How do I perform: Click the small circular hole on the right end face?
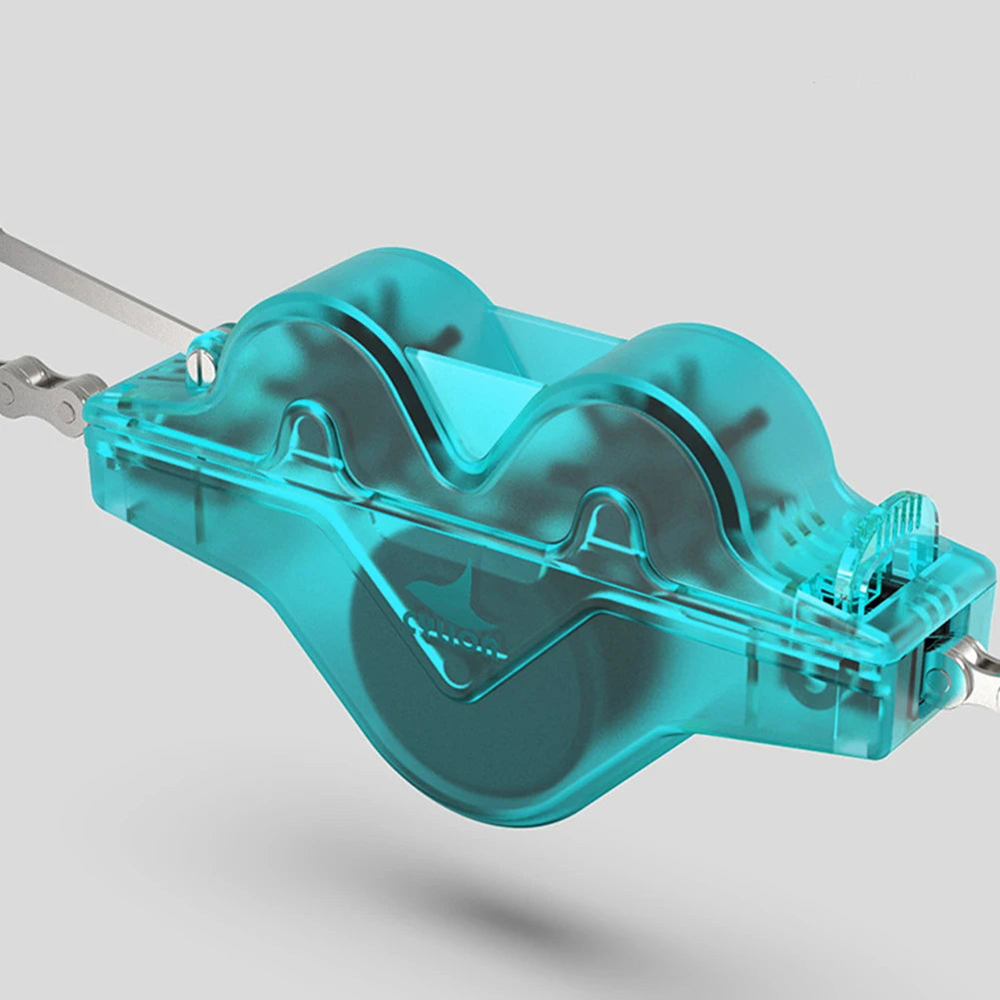coord(937,681)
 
